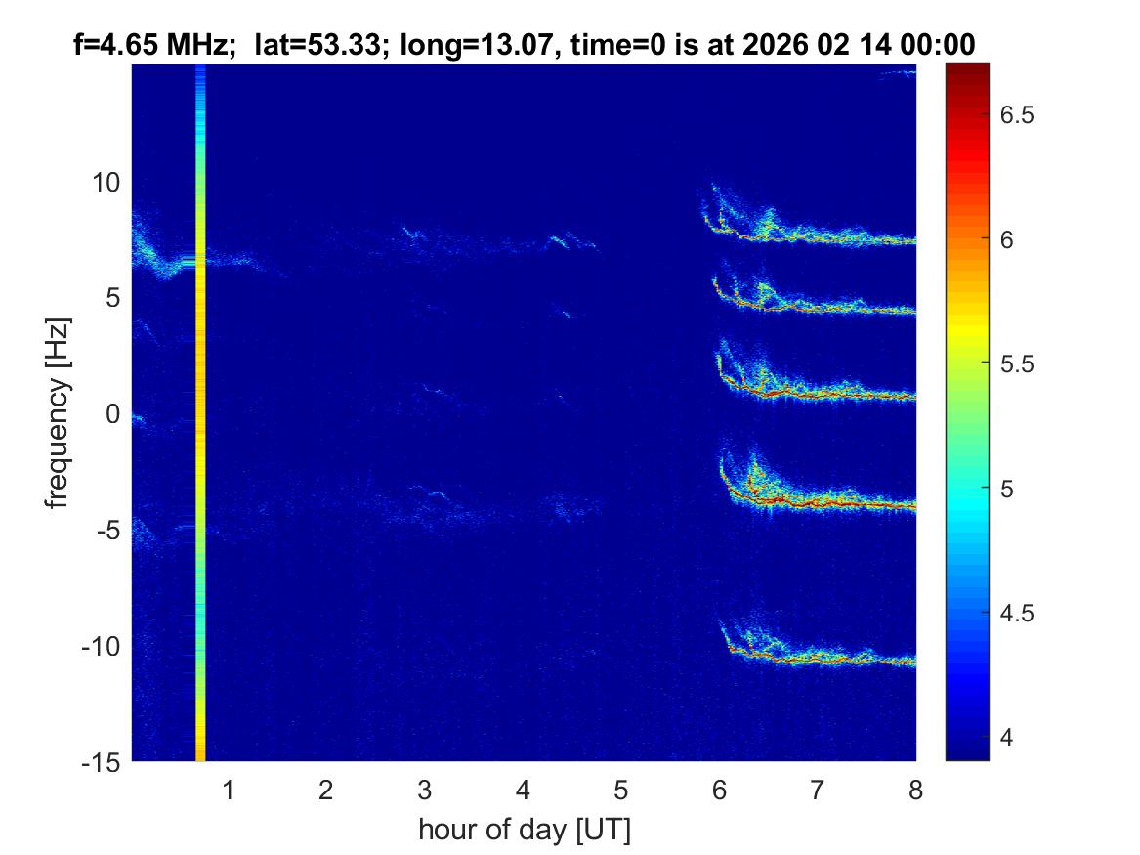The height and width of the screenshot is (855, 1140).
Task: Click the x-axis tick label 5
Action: (620, 790)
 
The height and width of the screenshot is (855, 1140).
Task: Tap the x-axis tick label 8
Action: (915, 790)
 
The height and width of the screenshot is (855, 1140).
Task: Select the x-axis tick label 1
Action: (228, 790)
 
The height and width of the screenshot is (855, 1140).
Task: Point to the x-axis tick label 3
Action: (424, 790)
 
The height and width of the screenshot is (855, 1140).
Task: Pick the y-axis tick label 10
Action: (107, 182)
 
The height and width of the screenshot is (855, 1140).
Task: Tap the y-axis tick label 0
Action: (114, 414)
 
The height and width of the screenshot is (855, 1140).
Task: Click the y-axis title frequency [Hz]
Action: (60, 413)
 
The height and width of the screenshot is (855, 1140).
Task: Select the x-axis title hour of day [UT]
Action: (524, 831)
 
